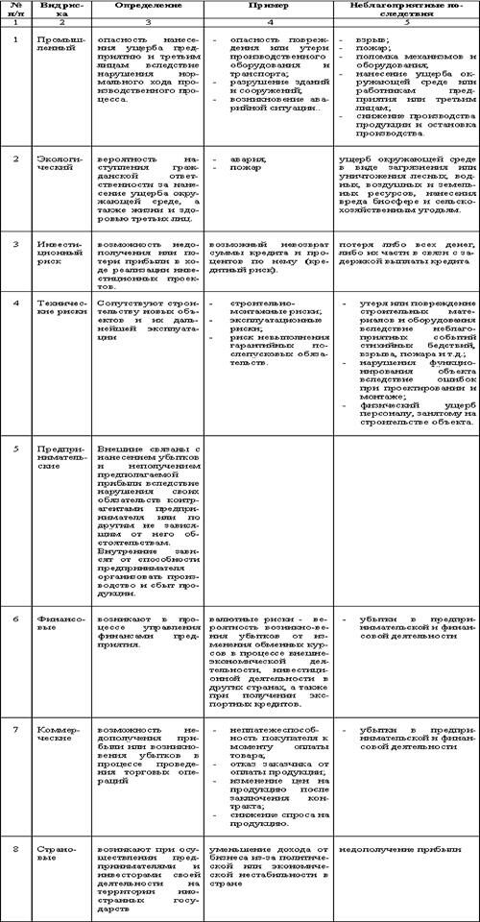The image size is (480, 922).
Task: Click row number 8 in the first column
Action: point(15,849)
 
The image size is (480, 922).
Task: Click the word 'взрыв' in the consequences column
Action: point(365,35)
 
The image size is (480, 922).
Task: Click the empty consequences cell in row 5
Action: point(402,519)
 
